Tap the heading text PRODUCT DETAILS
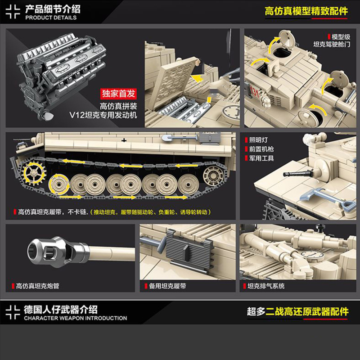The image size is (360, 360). [51, 18]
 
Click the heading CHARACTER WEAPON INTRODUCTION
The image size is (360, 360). [76, 318]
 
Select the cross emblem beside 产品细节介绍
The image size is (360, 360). [13, 13]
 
